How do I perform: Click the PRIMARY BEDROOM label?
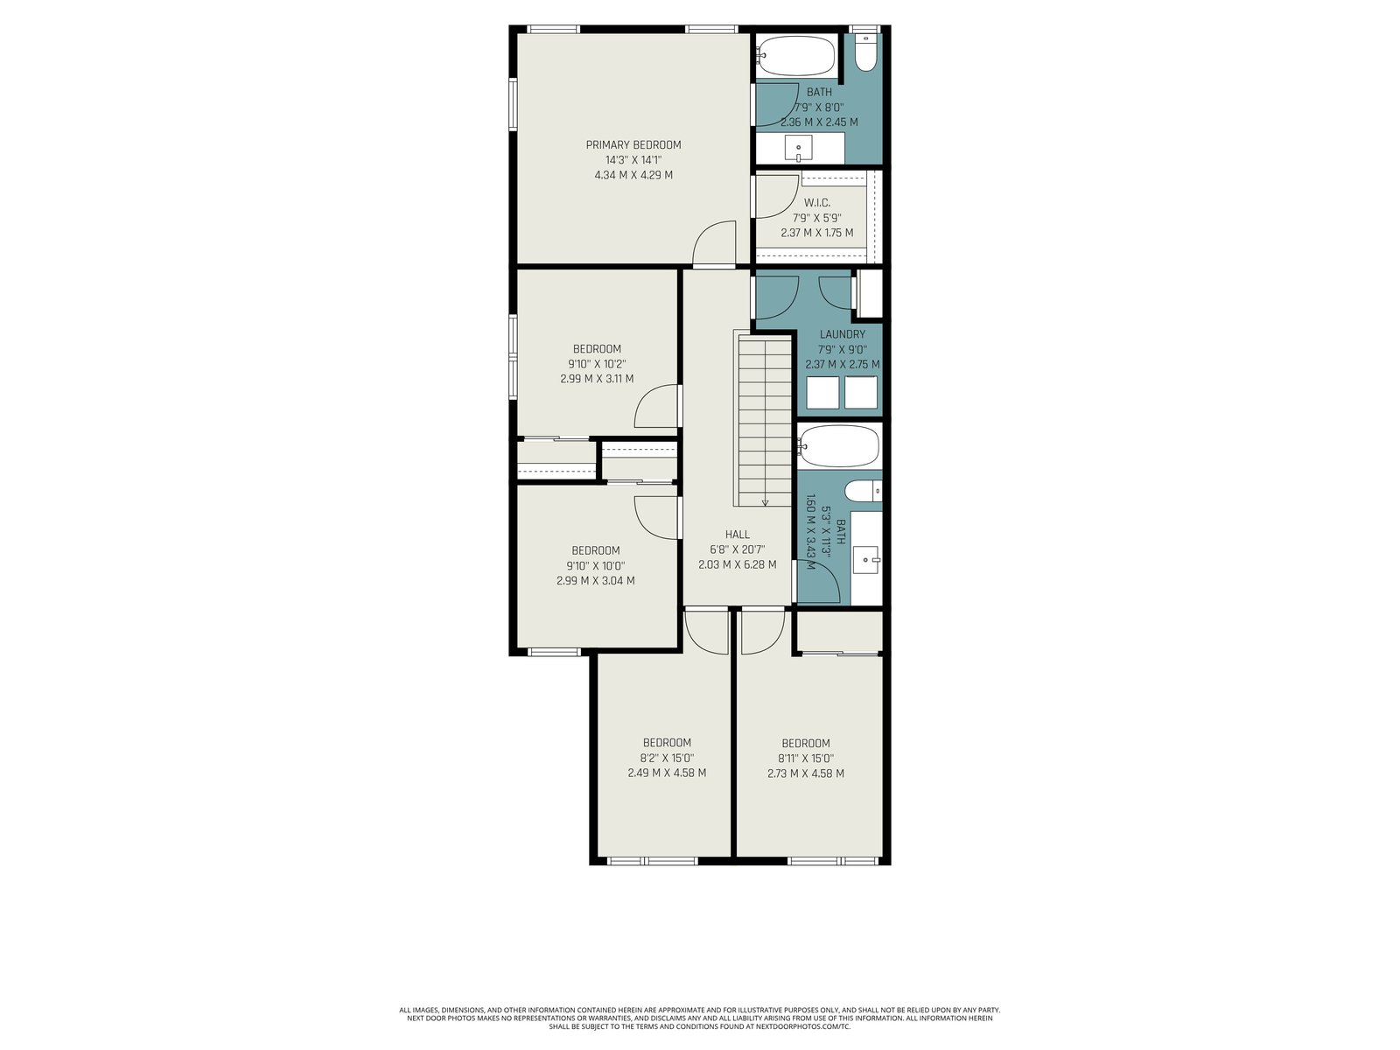pyautogui.click(x=633, y=144)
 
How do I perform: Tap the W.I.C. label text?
pyautogui.click(x=816, y=203)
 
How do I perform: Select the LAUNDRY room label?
pyautogui.click(x=842, y=334)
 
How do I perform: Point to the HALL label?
pyautogui.click(x=737, y=535)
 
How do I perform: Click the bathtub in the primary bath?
pyautogui.click(x=795, y=55)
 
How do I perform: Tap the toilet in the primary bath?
pyautogui.click(x=865, y=52)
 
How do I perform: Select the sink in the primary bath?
pyautogui.click(x=798, y=149)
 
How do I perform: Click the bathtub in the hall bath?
pyautogui.click(x=838, y=446)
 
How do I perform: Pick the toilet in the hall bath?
pyautogui.click(x=863, y=492)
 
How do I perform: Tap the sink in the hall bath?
pyautogui.click(x=866, y=560)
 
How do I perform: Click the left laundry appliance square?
pyautogui.click(x=822, y=392)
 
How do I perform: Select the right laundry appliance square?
pyautogui.click(x=860, y=392)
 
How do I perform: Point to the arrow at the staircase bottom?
pyautogui.click(x=765, y=503)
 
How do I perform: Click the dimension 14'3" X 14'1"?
pyautogui.click(x=633, y=160)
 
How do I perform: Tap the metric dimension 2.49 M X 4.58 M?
pyautogui.click(x=667, y=773)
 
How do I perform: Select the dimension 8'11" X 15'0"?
pyautogui.click(x=805, y=759)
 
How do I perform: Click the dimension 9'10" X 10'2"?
pyautogui.click(x=597, y=364)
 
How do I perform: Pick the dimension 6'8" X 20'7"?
pyautogui.click(x=737, y=549)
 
